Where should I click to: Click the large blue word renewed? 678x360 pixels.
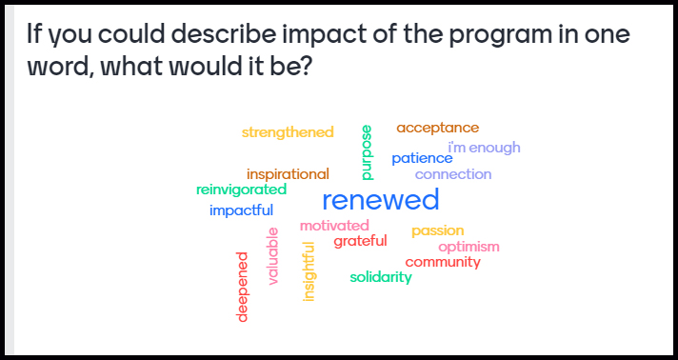(381, 200)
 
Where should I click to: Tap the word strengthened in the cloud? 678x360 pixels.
(288, 132)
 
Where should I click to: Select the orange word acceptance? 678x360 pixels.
(437, 128)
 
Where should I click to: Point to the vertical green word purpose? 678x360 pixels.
(367, 152)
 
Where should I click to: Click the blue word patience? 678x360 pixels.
(422, 158)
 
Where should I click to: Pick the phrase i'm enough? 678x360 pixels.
(484, 148)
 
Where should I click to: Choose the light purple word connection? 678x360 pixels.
(453, 174)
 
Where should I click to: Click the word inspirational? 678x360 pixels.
(288, 174)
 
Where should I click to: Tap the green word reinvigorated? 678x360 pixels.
(241, 190)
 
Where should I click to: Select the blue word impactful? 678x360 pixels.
(241, 210)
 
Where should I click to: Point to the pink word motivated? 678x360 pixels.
(334, 226)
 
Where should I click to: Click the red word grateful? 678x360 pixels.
(360, 241)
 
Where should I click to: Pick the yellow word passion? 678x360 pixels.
(437, 230)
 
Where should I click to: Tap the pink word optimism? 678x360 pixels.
(469, 247)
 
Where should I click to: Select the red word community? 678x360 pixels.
(443, 262)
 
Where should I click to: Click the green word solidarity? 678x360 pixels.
(381, 277)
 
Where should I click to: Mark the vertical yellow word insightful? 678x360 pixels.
(309, 271)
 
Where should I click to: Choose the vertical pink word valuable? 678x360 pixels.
(273, 256)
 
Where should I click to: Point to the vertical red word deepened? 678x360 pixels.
(242, 287)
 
